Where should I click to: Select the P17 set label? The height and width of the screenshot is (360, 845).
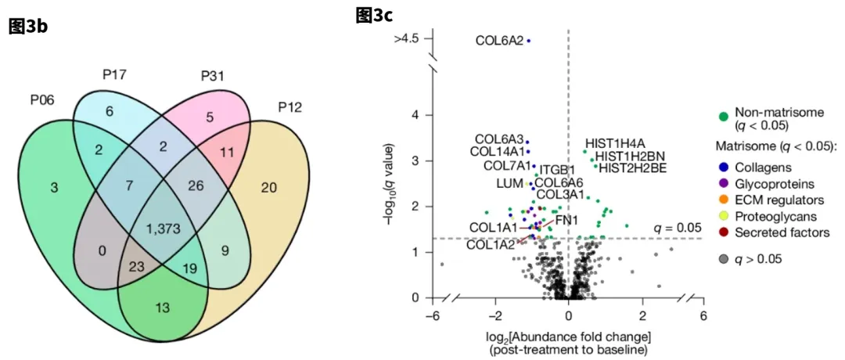(114, 75)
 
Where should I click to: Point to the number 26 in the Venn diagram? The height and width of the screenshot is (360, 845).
(198, 185)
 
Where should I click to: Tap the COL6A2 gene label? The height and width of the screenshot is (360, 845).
(499, 40)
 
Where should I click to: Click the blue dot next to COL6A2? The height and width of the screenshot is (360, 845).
(529, 40)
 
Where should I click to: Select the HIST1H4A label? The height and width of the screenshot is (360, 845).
(615, 142)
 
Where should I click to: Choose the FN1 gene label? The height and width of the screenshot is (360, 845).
(566, 219)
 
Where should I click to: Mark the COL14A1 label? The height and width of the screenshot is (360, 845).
(497, 151)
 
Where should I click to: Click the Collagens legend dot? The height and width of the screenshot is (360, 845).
(724, 167)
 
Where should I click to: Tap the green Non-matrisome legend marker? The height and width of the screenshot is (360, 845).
(724, 117)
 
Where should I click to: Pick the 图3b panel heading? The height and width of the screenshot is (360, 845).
(27, 27)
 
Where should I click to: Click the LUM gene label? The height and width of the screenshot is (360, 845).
(509, 183)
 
